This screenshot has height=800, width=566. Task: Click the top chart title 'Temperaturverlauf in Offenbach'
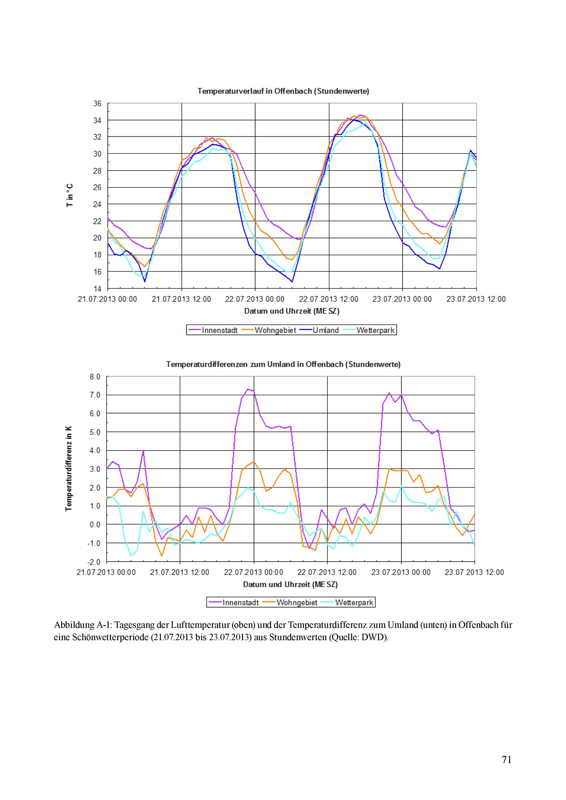[x=283, y=91]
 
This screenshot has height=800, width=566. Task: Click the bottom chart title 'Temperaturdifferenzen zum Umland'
[x=283, y=364]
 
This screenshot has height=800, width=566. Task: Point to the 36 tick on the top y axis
[x=97, y=104]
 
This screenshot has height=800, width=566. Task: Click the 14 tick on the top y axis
[x=97, y=289]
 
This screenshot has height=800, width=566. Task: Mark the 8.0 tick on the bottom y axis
[x=95, y=377]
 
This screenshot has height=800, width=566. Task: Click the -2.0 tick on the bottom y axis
[x=94, y=562]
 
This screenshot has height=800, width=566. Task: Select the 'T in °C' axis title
[x=70, y=196]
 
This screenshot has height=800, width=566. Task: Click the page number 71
[x=506, y=760]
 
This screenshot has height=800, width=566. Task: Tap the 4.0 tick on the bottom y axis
[x=95, y=451]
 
